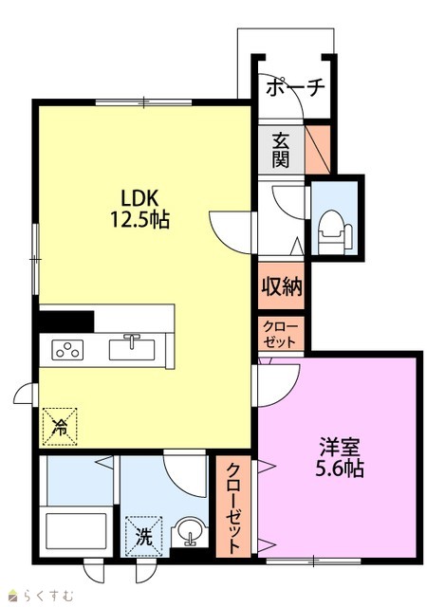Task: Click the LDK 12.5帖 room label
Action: pyautogui.click(x=139, y=210)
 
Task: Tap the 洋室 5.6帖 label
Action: pyautogui.click(x=340, y=457)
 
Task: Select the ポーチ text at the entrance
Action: pyautogui.click(x=295, y=88)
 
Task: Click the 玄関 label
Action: pyautogui.click(x=281, y=150)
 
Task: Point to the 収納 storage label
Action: pyautogui.click(x=281, y=286)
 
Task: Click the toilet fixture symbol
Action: pyautogui.click(x=335, y=232)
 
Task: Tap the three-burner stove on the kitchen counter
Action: pyautogui.click(x=67, y=350)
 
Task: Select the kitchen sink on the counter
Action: pyautogui.click(x=132, y=348)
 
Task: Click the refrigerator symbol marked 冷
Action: pyautogui.click(x=60, y=427)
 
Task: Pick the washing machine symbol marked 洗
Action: pyautogui.click(x=143, y=536)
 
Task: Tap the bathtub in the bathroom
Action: pyautogui.click(x=76, y=531)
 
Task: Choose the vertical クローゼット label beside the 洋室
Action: pyautogui.click(x=232, y=507)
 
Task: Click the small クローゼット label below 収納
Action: pyautogui.click(x=281, y=334)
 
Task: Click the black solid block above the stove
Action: pyautogui.click(x=66, y=322)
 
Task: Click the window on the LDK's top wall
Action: pyautogui.click(x=143, y=102)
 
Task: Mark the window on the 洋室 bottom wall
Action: pyautogui.click(x=313, y=561)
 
